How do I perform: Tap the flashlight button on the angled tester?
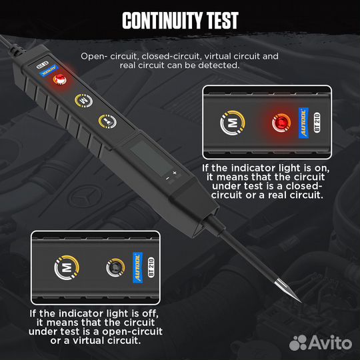pyautogui.click(x=105, y=121)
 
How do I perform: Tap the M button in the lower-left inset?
pyautogui.click(x=65, y=269)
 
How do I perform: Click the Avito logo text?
pyautogui.click(x=327, y=342)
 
